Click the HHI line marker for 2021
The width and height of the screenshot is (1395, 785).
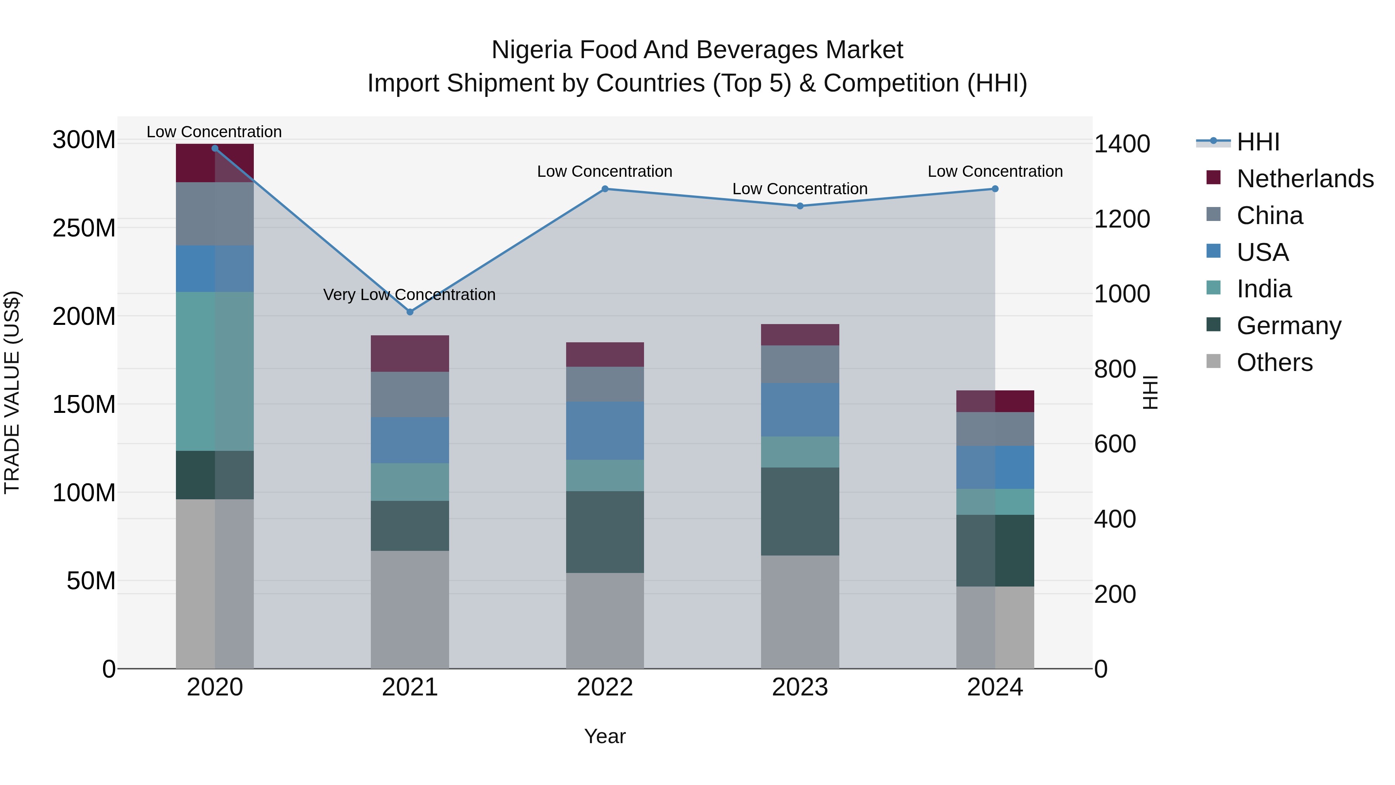click(x=410, y=312)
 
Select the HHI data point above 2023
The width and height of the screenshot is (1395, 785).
click(x=800, y=206)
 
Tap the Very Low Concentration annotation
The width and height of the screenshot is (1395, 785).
click(x=410, y=295)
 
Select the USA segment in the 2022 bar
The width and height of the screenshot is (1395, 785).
click(x=605, y=431)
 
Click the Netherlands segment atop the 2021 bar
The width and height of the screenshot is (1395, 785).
click(x=410, y=353)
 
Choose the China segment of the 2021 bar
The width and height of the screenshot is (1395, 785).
click(x=410, y=394)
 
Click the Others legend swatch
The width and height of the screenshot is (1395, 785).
click(x=1214, y=361)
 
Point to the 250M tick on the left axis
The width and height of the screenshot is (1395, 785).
click(x=84, y=228)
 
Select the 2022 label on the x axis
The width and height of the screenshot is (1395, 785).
click(x=605, y=687)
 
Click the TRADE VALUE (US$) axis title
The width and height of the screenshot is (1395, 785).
click(x=12, y=393)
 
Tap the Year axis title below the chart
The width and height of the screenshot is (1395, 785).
click(x=605, y=736)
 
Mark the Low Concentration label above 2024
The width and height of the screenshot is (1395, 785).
click(x=995, y=171)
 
